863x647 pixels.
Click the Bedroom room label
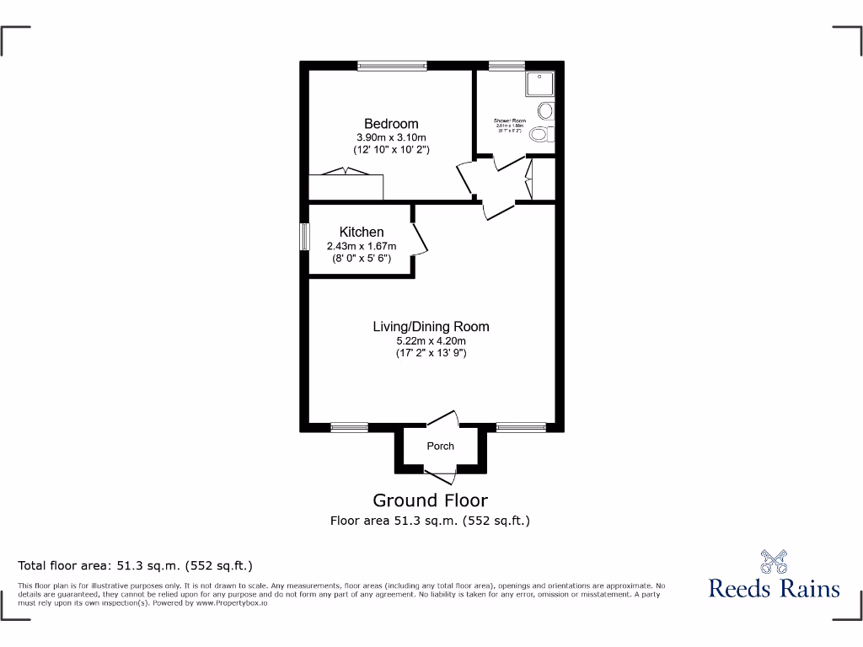391,124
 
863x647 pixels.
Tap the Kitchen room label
362,232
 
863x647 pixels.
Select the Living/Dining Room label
431,326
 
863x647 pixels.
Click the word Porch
440,446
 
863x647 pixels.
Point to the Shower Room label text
510,121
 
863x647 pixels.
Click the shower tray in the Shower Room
539,84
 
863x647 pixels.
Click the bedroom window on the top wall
392,65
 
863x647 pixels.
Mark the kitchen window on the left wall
305,236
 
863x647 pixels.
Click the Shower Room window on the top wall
506,65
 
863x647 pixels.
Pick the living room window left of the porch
348,428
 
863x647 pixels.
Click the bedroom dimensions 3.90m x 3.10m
391,137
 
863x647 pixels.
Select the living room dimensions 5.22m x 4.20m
431,340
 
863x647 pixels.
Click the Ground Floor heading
430,500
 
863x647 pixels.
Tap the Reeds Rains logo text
774,588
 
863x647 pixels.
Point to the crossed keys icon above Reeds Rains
774,561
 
